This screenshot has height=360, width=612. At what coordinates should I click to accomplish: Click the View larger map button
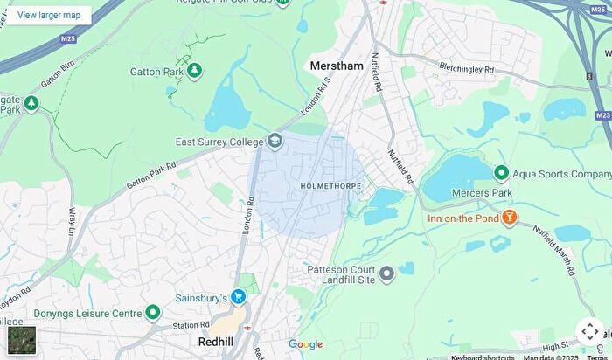[49, 15]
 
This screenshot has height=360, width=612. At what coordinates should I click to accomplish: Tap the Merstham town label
[337, 66]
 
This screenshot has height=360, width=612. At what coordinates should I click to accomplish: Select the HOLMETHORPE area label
[330, 186]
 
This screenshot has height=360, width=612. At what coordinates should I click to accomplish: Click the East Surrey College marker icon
[275, 141]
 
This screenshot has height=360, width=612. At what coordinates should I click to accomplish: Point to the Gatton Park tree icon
[193, 71]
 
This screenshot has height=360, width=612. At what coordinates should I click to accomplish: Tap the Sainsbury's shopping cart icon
[238, 298]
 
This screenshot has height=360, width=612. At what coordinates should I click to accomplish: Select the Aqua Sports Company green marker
[501, 174]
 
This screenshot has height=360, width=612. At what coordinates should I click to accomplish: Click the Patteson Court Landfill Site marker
[386, 274]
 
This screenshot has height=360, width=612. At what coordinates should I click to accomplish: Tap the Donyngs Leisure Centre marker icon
[153, 312]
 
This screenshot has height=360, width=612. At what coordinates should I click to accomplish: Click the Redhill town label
[215, 341]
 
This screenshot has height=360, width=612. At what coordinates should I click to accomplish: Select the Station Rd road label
[191, 326]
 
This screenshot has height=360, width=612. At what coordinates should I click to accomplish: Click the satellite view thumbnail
[22, 340]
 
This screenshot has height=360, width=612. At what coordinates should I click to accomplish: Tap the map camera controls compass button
[589, 331]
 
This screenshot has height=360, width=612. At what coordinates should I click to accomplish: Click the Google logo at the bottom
[305, 344]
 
